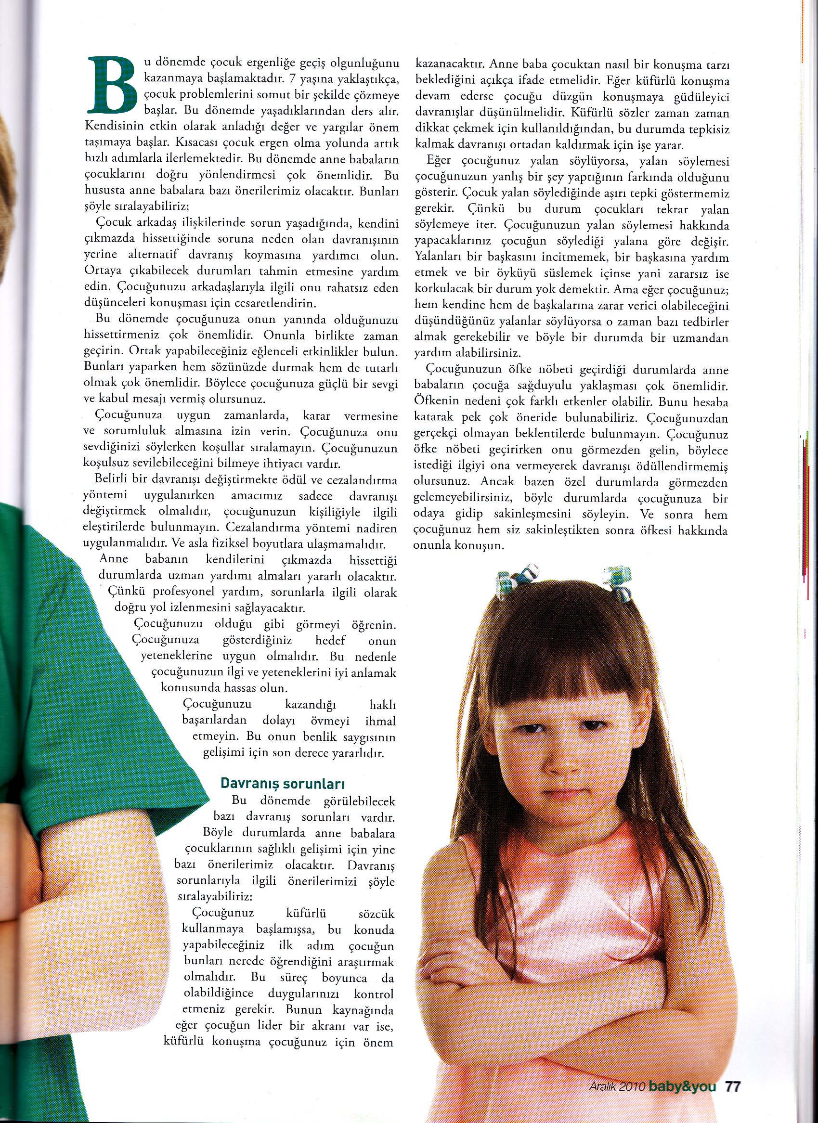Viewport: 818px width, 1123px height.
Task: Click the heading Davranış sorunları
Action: pyautogui.click(x=283, y=783)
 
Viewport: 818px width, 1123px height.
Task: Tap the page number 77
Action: pyautogui.click(x=732, y=1084)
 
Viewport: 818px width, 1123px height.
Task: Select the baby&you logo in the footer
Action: pyautogui.click(x=685, y=1084)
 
